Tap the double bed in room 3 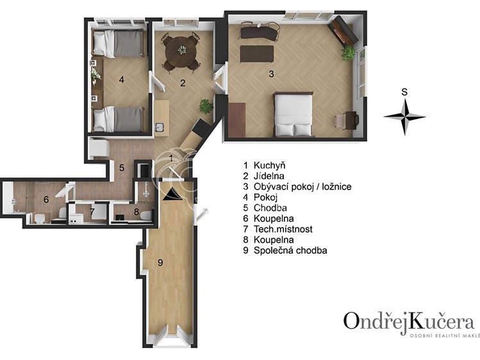click(294, 114)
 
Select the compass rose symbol click(404, 117)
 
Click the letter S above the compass click(404, 92)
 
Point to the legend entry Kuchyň click(269, 165)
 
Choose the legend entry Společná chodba click(290, 250)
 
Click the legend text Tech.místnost click(283, 229)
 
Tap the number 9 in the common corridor click(160, 262)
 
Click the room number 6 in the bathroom click(46, 199)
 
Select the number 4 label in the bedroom click(122, 80)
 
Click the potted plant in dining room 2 click(206, 106)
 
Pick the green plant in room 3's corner click(349, 53)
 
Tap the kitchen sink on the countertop click(160, 127)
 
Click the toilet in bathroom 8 click(146, 215)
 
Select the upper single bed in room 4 click(119, 43)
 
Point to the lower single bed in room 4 click(119, 119)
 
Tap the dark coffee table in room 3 click(256, 54)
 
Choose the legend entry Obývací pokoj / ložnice click(302, 186)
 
